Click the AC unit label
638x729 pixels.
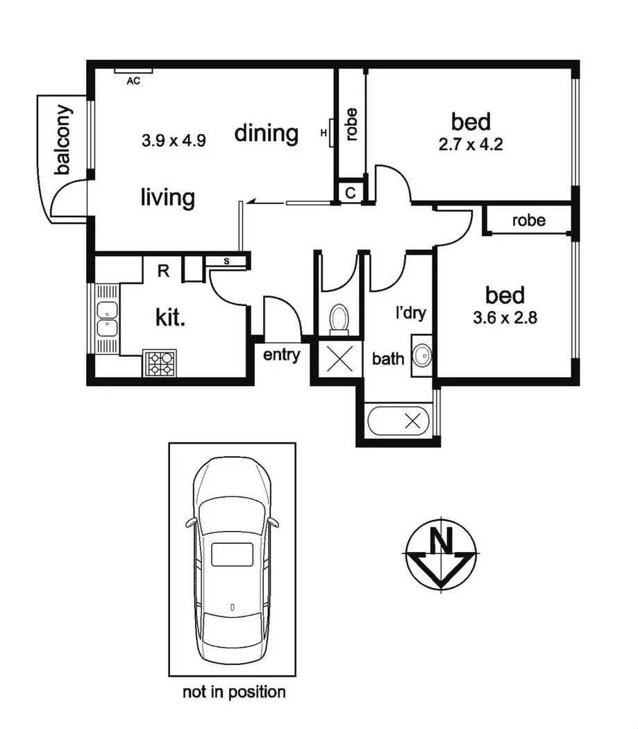click(133, 81)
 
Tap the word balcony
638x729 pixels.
click(63, 140)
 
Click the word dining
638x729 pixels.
click(266, 133)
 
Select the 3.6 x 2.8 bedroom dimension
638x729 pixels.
click(505, 320)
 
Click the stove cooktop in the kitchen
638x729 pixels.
click(161, 363)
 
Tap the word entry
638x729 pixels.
click(281, 355)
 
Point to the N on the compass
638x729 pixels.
click(439, 539)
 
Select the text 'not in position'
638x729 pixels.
click(234, 692)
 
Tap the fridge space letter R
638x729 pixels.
click(163, 271)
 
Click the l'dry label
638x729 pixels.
click(410, 314)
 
